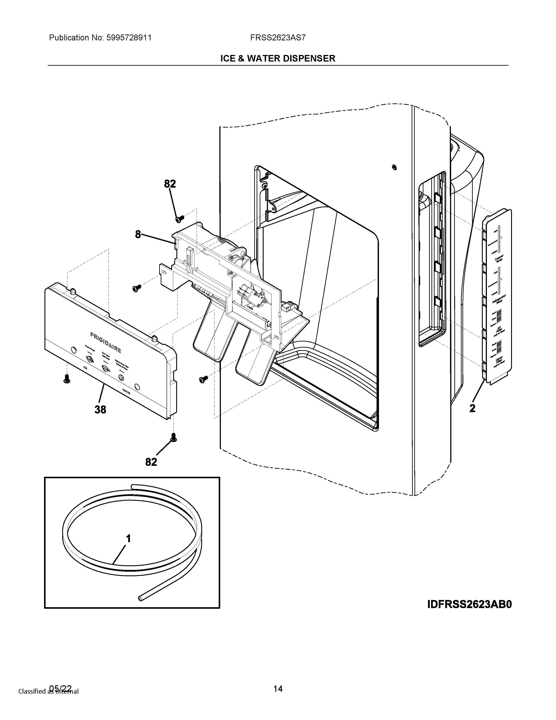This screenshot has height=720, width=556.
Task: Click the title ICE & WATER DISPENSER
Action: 278,58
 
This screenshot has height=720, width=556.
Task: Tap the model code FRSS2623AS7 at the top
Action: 278,38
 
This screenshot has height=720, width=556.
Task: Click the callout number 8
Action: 138,234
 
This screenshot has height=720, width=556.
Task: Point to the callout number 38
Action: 101,410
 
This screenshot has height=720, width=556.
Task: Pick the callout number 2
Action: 472,408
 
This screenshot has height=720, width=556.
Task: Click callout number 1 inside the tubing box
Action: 128,539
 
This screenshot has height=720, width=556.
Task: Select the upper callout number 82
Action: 170,184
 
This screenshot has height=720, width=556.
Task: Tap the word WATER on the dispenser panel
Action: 126,392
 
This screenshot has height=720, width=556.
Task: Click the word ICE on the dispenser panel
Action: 85,368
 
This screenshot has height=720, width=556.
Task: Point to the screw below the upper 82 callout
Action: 180,218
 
